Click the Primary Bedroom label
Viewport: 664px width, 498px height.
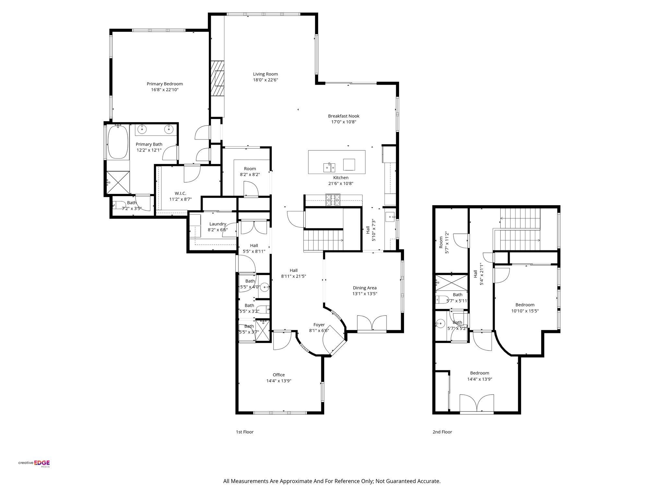165,84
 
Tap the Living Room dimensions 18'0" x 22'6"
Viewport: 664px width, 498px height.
266,80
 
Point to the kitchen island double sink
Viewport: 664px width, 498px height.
329,168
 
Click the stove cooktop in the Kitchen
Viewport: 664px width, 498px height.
333,200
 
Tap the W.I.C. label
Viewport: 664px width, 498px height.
180,193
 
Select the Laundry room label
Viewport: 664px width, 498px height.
218,224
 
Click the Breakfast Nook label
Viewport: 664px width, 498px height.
344,116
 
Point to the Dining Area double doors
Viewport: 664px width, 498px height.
372,323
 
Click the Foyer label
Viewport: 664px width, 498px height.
319,325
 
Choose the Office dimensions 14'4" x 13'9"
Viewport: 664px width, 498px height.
279,381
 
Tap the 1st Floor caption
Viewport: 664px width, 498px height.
245,432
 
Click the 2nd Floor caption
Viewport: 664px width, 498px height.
442,432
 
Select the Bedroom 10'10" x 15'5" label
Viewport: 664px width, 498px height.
525,305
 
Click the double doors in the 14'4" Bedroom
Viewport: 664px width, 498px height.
477,404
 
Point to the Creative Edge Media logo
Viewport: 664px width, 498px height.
34,464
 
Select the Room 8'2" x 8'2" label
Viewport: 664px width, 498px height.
250,169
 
